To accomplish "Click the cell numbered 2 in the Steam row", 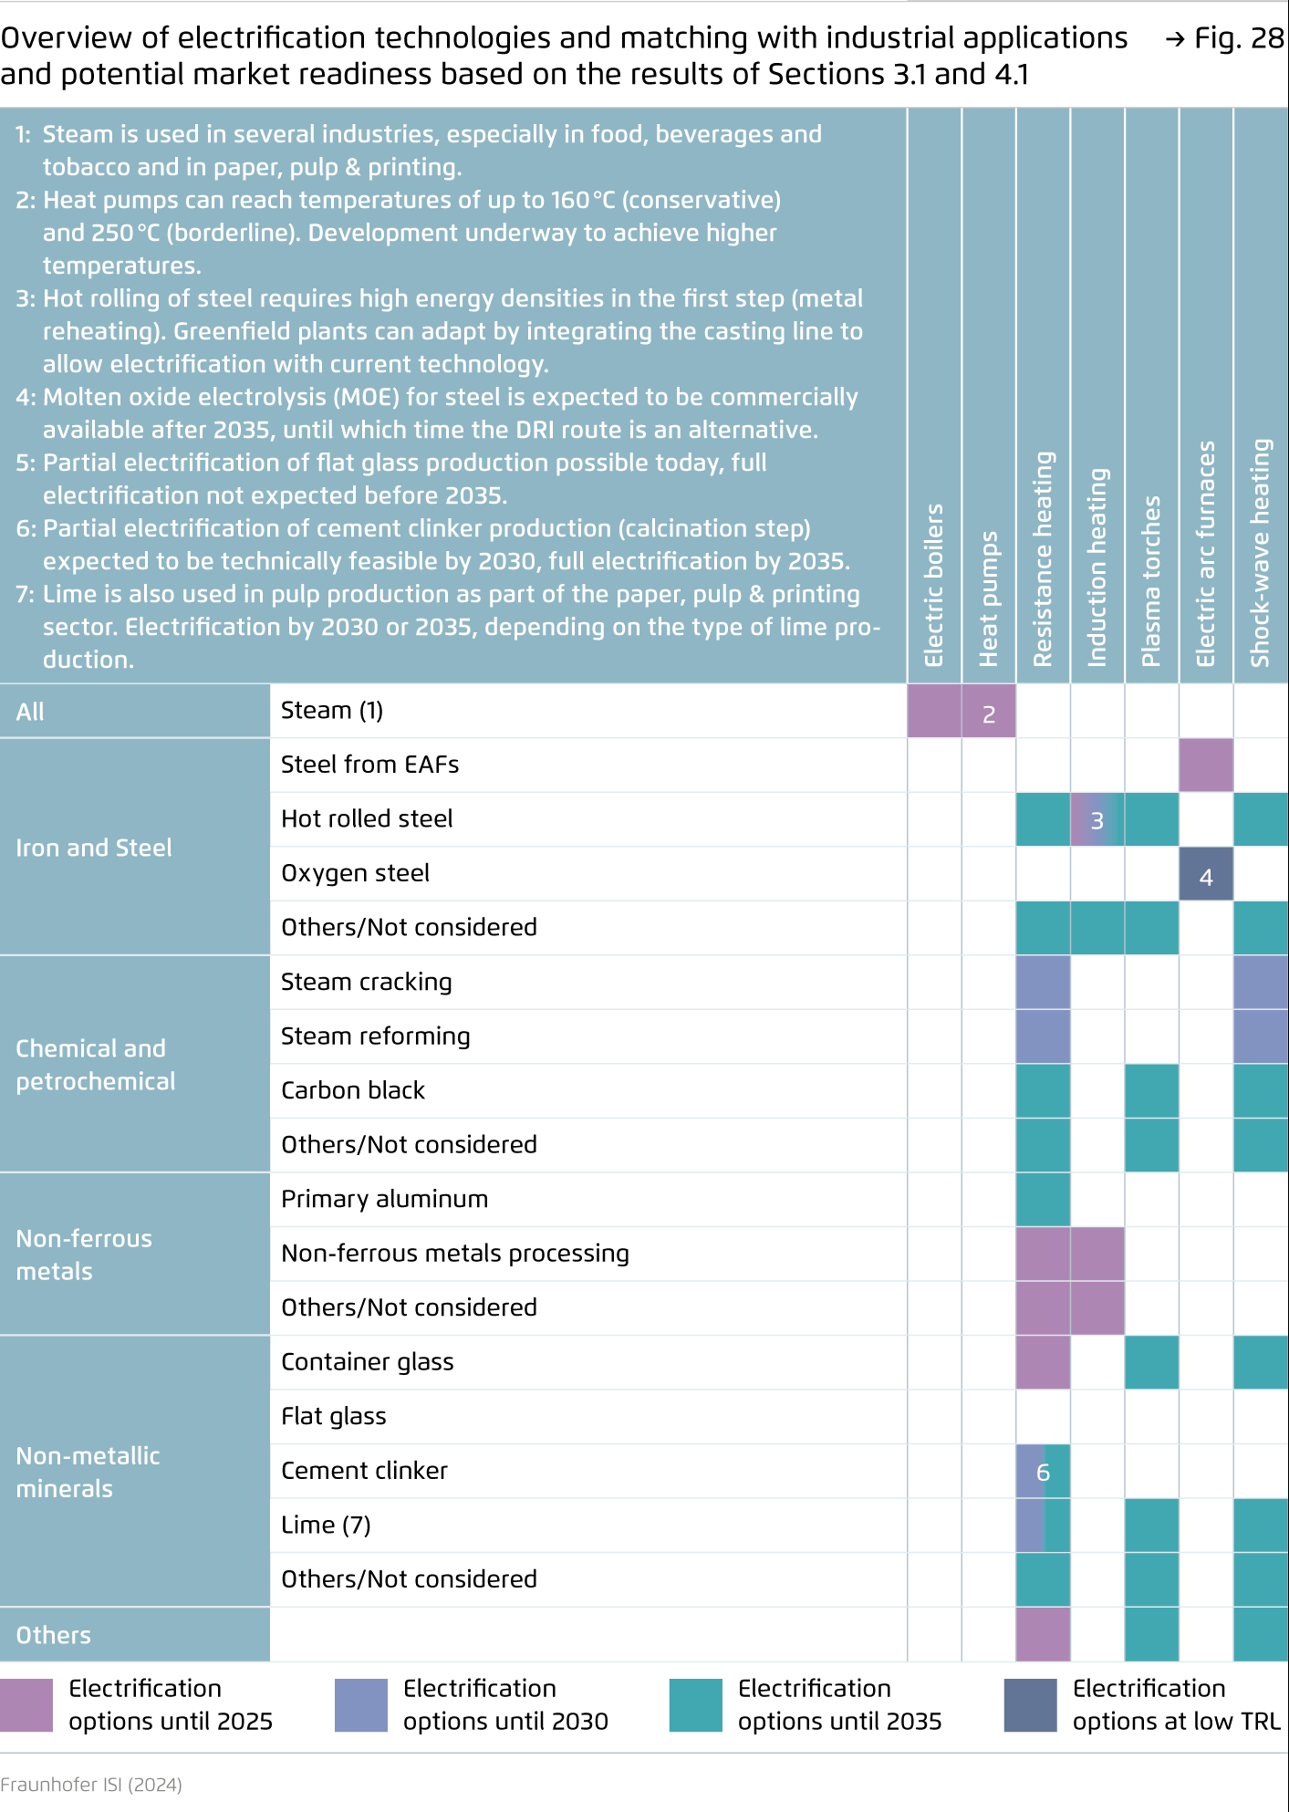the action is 989,711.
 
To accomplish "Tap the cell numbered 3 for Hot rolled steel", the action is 1097,819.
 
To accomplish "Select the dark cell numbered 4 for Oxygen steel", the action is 1206,874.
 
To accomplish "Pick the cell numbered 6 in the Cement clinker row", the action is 1043,1472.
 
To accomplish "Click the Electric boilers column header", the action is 933,585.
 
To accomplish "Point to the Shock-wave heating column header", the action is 1260,553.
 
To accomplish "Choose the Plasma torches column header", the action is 1151,581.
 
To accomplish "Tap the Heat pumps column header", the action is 988,599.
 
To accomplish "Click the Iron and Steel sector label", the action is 94,848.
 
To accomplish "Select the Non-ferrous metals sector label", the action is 84,1255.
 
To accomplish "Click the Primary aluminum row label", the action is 384,1199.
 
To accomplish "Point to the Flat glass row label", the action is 333,1416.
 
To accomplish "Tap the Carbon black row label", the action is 353,1090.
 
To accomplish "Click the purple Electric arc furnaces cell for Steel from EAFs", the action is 1206,765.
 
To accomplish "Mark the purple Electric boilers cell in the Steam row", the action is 934,711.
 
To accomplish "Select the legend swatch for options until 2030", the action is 361,1705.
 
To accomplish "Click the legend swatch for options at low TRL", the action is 1031,1705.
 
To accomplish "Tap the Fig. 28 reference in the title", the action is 1225,37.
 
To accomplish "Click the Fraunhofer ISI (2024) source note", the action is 91,1784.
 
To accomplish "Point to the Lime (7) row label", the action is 326,1525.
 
